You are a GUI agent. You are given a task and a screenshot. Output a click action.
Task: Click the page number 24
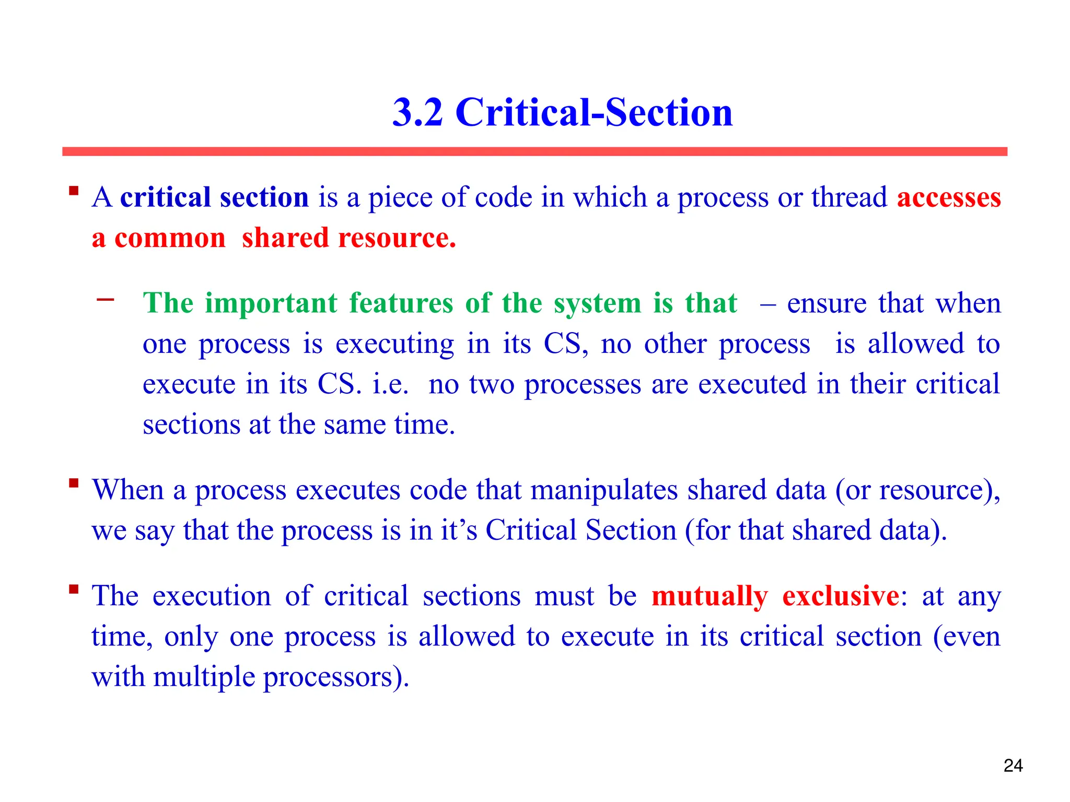[1013, 765]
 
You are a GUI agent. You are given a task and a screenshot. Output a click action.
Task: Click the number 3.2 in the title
[417, 112]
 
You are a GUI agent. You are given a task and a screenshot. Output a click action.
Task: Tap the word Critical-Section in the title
[594, 112]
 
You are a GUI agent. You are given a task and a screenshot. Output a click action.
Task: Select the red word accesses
[949, 198]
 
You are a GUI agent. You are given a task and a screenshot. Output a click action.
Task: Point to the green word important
[271, 303]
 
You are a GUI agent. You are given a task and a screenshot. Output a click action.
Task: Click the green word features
[401, 303]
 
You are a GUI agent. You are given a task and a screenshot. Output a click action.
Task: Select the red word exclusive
[841, 596]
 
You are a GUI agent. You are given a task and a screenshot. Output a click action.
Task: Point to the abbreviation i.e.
[390, 385]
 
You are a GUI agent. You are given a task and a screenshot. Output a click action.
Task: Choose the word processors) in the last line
[336, 677]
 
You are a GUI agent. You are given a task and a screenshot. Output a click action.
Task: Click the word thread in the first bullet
[849, 198]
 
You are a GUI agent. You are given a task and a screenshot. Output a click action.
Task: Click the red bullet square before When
[74, 483]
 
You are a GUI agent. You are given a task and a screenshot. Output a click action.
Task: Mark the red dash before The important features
[105, 300]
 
